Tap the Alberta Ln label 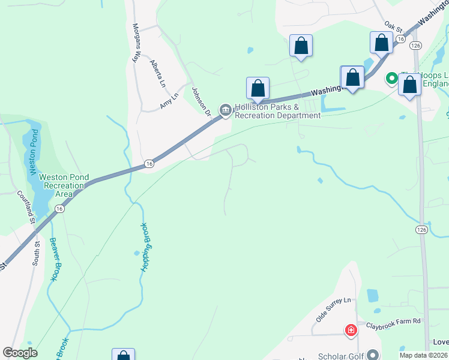[157, 73]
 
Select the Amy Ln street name [170, 100]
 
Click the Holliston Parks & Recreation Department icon [226, 109]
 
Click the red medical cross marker [351, 330]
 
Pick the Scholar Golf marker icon [373, 355]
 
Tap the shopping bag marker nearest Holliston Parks [258, 88]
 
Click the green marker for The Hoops [391, 78]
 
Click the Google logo [20, 353]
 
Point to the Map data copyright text [423, 355]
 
